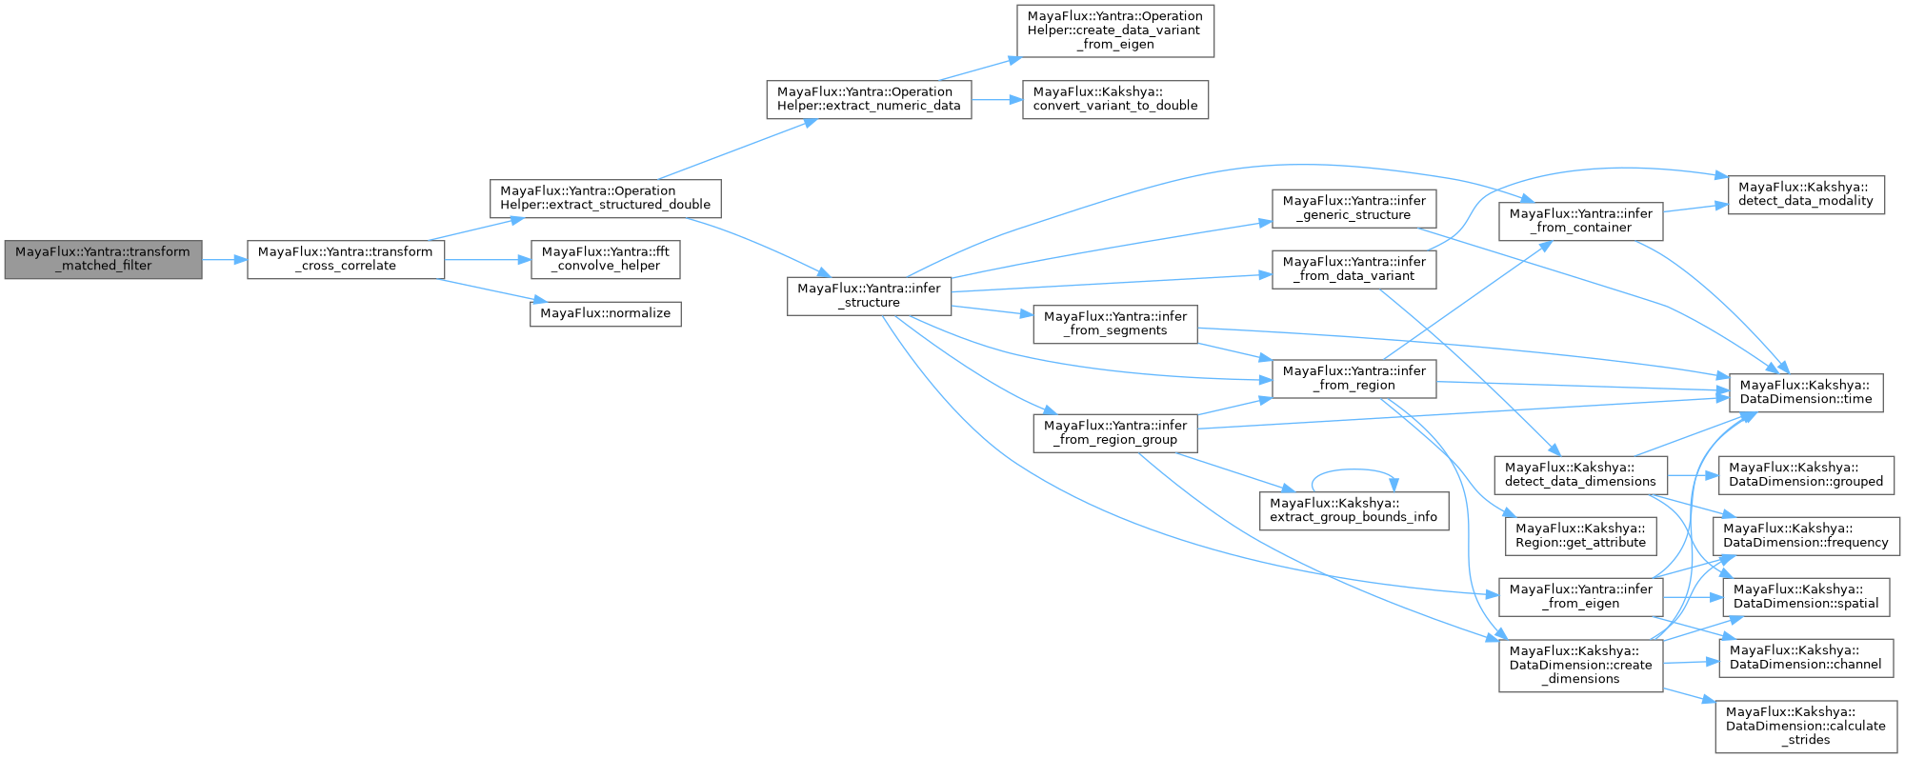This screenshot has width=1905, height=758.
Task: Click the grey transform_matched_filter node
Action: point(103,259)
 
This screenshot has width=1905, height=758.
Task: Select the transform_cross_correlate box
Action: point(346,259)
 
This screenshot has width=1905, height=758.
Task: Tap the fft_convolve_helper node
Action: point(605,259)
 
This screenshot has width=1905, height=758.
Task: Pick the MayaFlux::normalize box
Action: point(605,313)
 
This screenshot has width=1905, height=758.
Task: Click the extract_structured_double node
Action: point(605,198)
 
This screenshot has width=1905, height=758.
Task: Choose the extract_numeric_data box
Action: point(869,99)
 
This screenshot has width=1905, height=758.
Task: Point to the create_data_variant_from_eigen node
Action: point(1113,30)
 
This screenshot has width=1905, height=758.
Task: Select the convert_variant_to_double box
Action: point(1114,99)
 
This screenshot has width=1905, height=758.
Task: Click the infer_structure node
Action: point(869,295)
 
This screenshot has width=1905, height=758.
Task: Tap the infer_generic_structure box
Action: point(1354,208)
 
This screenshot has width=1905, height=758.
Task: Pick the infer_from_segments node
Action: point(1114,324)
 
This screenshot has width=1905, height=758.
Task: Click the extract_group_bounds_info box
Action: point(1353,510)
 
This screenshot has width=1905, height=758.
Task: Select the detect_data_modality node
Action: point(1805,194)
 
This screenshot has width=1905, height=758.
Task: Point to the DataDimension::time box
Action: point(1805,392)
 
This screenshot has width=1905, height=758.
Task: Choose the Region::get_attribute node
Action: point(1580,535)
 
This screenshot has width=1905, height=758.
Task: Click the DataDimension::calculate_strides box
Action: point(1805,726)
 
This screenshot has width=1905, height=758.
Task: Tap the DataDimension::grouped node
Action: point(1805,474)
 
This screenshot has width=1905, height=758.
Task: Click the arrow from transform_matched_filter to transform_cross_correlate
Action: point(225,259)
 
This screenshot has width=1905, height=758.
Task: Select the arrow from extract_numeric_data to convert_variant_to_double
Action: point(996,99)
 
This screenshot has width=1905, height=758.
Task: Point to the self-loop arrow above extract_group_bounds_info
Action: point(1353,470)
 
